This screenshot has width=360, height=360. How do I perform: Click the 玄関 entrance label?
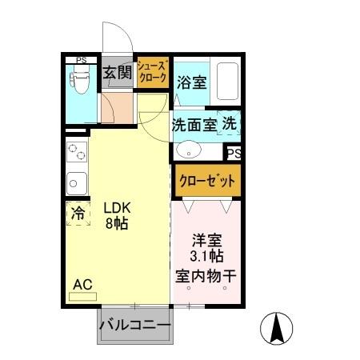[x=117, y=74]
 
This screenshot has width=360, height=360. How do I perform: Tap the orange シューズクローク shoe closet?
[x=152, y=73]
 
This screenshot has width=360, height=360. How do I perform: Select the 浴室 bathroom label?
[x=192, y=82]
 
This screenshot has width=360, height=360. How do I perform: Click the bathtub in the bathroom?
[x=228, y=82]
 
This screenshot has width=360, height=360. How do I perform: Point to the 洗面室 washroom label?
[x=194, y=125]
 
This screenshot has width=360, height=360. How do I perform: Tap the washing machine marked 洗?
[x=230, y=124]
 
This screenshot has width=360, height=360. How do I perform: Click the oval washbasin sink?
[x=190, y=150]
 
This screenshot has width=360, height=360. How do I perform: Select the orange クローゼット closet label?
[x=206, y=179]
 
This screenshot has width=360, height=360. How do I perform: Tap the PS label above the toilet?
[x=81, y=59]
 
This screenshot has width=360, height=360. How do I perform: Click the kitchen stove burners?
[x=77, y=152]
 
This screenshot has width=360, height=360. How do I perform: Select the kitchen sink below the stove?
[x=76, y=182]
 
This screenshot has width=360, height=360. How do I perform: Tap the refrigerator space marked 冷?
[x=78, y=214]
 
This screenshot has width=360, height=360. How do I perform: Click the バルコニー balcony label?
[x=134, y=326]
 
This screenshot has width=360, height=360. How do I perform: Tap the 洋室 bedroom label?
[x=206, y=239]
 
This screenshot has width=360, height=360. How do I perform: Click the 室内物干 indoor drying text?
[x=206, y=276]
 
